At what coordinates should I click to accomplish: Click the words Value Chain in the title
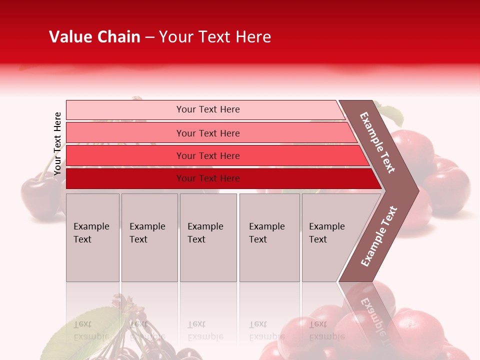(x=94, y=37)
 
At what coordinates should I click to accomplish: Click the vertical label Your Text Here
(x=57, y=143)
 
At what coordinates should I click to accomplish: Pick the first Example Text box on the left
(x=92, y=237)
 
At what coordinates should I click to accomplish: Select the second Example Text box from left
(x=149, y=237)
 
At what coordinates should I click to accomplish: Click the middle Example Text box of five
(x=208, y=237)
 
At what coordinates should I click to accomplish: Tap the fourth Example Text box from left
(x=269, y=237)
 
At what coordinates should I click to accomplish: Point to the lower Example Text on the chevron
(x=379, y=236)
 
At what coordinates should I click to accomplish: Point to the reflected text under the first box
(x=90, y=330)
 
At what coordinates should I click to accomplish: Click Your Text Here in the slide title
(x=215, y=37)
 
